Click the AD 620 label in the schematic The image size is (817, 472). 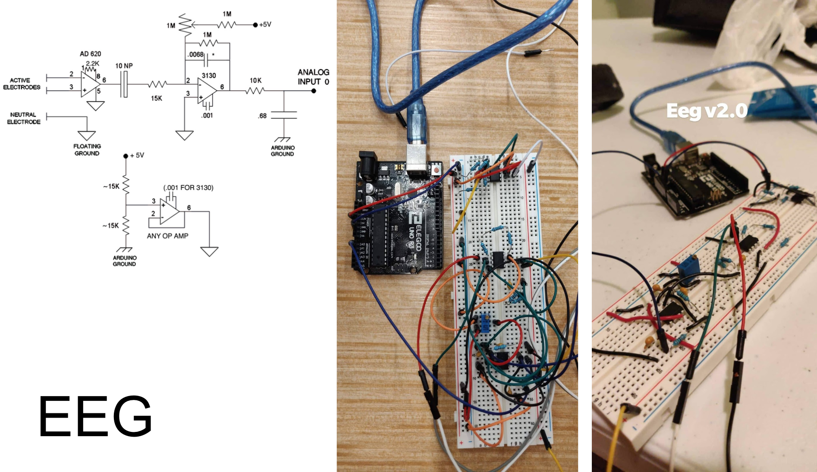(x=90, y=54)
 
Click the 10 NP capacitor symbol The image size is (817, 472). (x=125, y=84)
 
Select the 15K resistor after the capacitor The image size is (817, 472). (x=157, y=84)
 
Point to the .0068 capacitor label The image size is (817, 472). (x=195, y=54)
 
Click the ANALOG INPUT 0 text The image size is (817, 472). (x=313, y=77)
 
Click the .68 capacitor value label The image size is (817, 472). (x=262, y=116)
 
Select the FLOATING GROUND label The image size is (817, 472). (x=87, y=150)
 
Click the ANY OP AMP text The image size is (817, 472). (x=167, y=236)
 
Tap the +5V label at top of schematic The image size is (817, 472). (x=265, y=25)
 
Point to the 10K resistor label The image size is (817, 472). (x=255, y=80)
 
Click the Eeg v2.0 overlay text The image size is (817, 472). (x=707, y=111)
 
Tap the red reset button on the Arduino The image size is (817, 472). (x=437, y=170)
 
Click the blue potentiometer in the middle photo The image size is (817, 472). (x=485, y=323)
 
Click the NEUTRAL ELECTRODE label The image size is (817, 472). (x=24, y=118)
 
